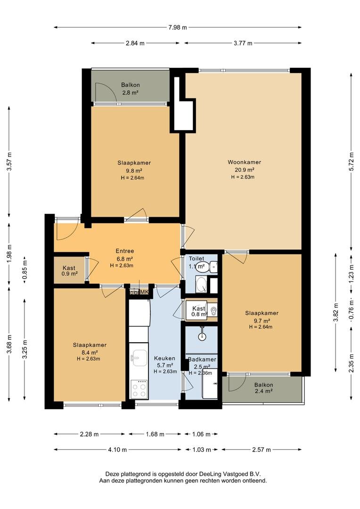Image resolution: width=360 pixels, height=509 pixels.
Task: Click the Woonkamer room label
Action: coord(244,162)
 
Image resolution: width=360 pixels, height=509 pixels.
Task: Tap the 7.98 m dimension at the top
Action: coord(178,28)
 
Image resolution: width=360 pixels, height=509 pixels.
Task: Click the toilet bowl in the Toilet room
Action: coord(213,267)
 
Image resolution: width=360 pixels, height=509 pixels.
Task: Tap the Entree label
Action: coord(125,251)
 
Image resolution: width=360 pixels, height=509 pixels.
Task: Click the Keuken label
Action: coord(164,358)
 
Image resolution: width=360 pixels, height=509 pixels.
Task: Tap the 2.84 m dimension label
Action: coord(135,43)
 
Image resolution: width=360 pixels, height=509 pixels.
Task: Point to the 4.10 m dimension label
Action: coord(117,450)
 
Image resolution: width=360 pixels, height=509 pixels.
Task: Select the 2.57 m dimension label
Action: coord(262,450)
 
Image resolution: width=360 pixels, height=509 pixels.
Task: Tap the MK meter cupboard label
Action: coord(145,292)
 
